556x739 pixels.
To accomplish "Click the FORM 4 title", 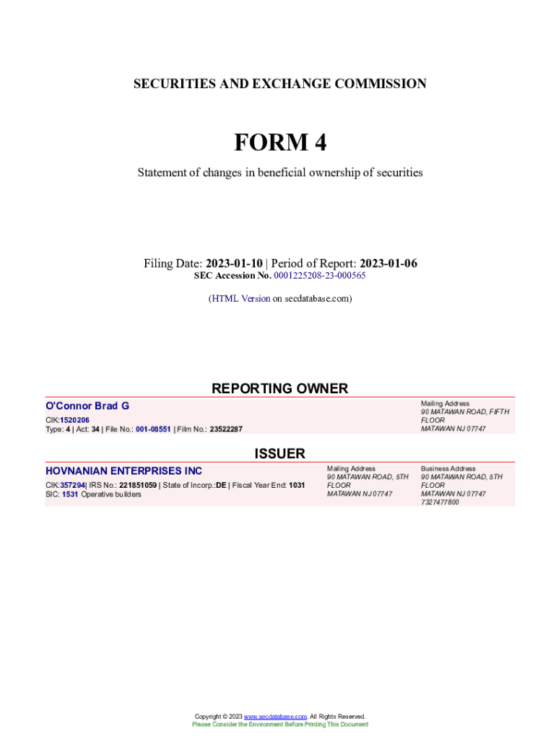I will point(279,143).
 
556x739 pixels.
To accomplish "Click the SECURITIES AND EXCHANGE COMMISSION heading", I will point(279,84).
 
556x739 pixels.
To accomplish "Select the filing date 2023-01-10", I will point(234,263).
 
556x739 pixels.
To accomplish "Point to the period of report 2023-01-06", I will point(388,263).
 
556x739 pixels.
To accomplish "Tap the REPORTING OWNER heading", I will point(279,388).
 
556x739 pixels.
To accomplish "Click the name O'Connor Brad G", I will point(87,406).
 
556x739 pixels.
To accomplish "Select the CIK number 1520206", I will point(74,420).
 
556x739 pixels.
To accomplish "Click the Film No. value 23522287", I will point(226,429).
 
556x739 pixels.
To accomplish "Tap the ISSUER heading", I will point(279,453).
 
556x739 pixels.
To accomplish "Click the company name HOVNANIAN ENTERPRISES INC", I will point(123,471).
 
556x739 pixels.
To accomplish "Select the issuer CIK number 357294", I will point(72,485).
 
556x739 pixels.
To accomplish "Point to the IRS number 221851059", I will point(138,485).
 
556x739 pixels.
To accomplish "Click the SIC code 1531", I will point(70,494).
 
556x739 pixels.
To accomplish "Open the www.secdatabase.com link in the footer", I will point(275,717).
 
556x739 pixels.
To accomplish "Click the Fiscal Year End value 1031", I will point(296,485).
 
